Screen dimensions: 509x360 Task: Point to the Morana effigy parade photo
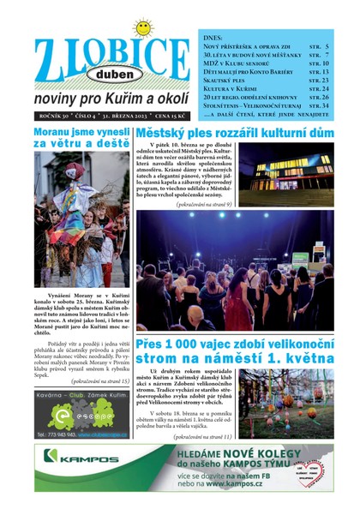tap(82, 221)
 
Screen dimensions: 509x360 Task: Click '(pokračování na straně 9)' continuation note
tap(202, 205)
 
